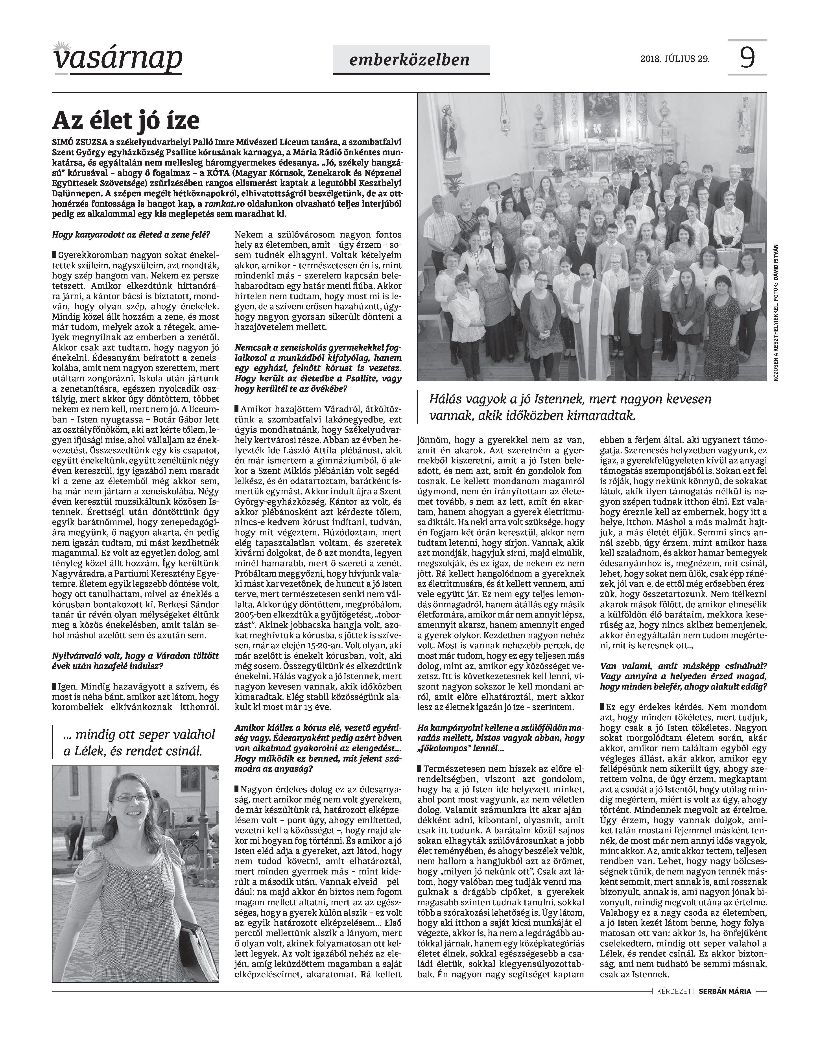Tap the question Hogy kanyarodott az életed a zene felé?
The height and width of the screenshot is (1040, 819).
131,235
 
